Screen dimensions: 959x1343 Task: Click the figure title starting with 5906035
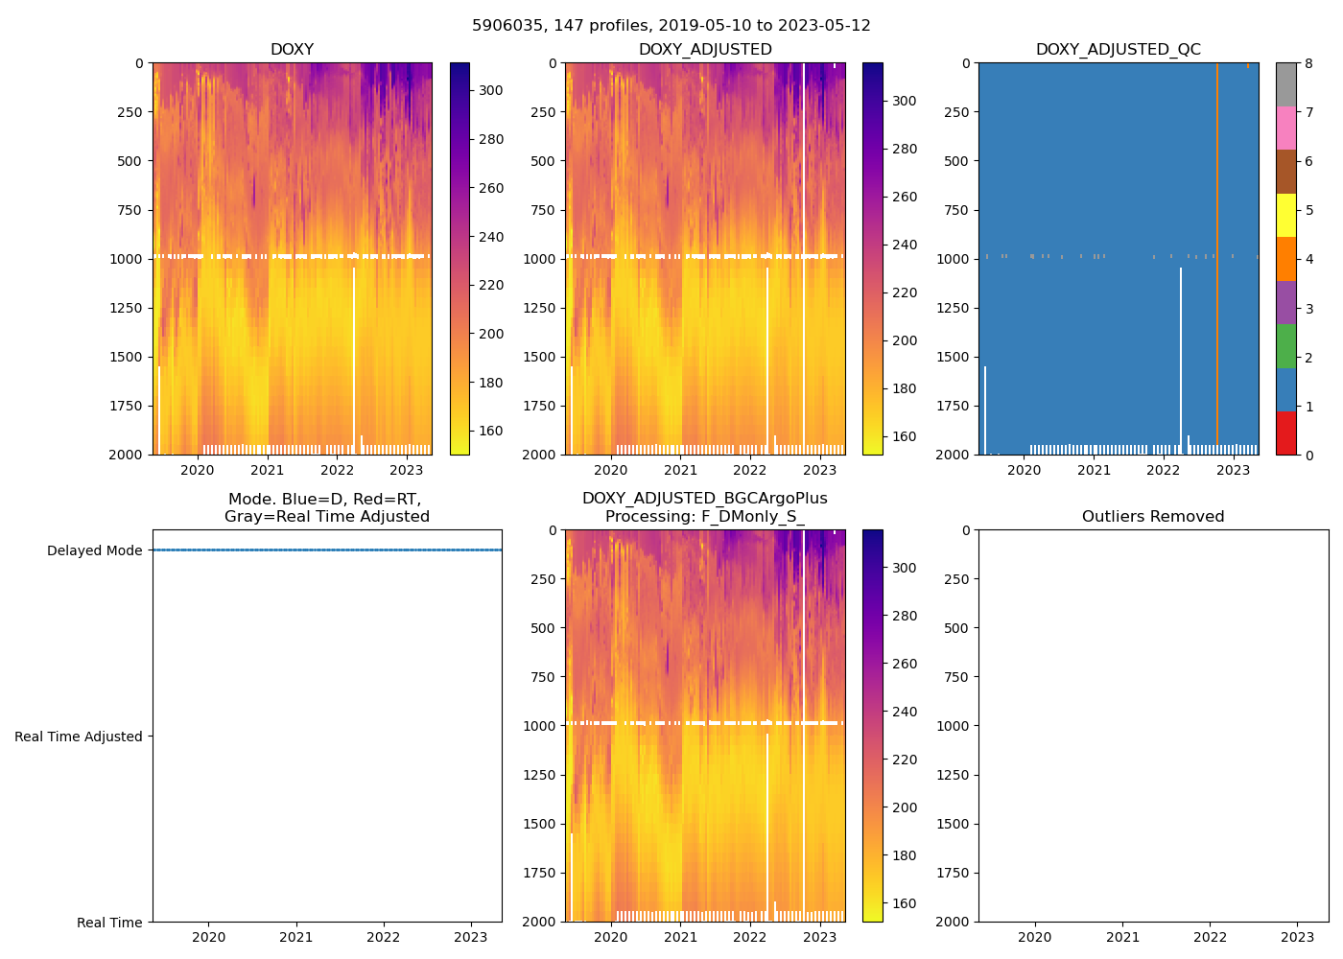(x=671, y=26)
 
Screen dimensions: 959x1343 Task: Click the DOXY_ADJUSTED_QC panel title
(x=1118, y=50)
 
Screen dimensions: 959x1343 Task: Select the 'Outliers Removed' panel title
(x=1152, y=517)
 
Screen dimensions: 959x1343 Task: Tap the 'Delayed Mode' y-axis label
(x=94, y=550)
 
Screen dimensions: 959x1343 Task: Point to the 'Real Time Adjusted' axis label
(x=78, y=737)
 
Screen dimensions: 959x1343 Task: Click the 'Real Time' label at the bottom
(x=109, y=923)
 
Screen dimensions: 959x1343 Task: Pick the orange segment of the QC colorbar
(x=1285, y=259)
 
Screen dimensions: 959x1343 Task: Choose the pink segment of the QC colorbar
(x=1285, y=128)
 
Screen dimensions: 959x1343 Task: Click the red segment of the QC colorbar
(x=1285, y=433)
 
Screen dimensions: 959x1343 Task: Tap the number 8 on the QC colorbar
(x=1308, y=63)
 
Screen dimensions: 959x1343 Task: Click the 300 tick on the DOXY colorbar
(x=491, y=90)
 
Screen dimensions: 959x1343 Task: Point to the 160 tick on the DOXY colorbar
(x=491, y=431)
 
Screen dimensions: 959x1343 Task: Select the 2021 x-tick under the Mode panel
(x=295, y=937)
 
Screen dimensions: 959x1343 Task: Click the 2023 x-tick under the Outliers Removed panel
(x=1297, y=937)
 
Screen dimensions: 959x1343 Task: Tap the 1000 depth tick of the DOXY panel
(x=126, y=259)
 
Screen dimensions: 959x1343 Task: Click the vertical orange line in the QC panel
(x=1216, y=240)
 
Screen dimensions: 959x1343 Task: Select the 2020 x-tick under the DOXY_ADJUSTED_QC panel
(x=1024, y=470)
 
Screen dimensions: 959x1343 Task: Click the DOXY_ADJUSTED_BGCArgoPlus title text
(x=704, y=499)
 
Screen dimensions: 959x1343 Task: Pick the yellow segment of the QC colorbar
(x=1285, y=215)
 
